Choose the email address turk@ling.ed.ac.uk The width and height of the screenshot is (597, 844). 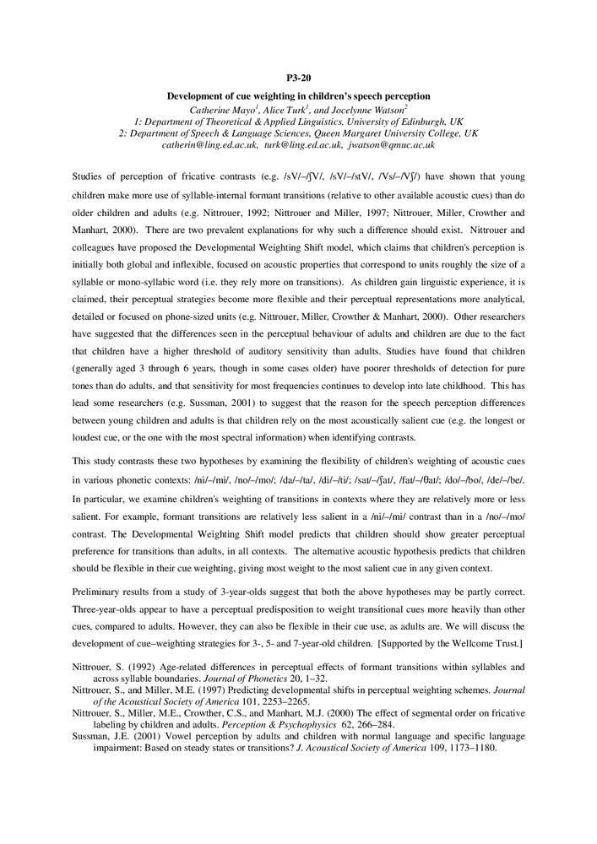pos(302,145)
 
